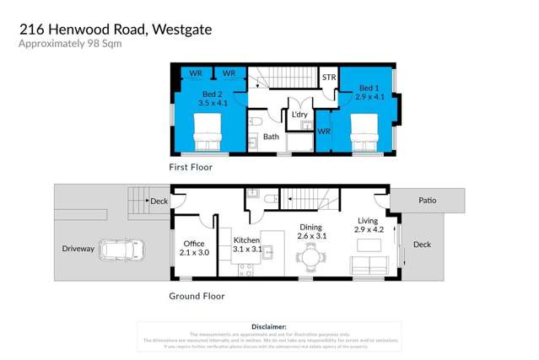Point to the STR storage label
pos(330,78)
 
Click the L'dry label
pos(299,115)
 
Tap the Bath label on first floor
pos(271,137)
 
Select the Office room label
pos(193,243)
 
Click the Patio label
pos(427,201)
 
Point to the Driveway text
pos(78,249)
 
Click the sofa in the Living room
pos(368,267)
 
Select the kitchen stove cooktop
pos(246,269)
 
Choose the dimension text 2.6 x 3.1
pos(310,236)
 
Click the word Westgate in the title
pos(181,30)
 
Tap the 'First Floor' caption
pos(191,167)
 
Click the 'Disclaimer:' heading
pos(269,325)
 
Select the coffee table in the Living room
pos(367,245)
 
